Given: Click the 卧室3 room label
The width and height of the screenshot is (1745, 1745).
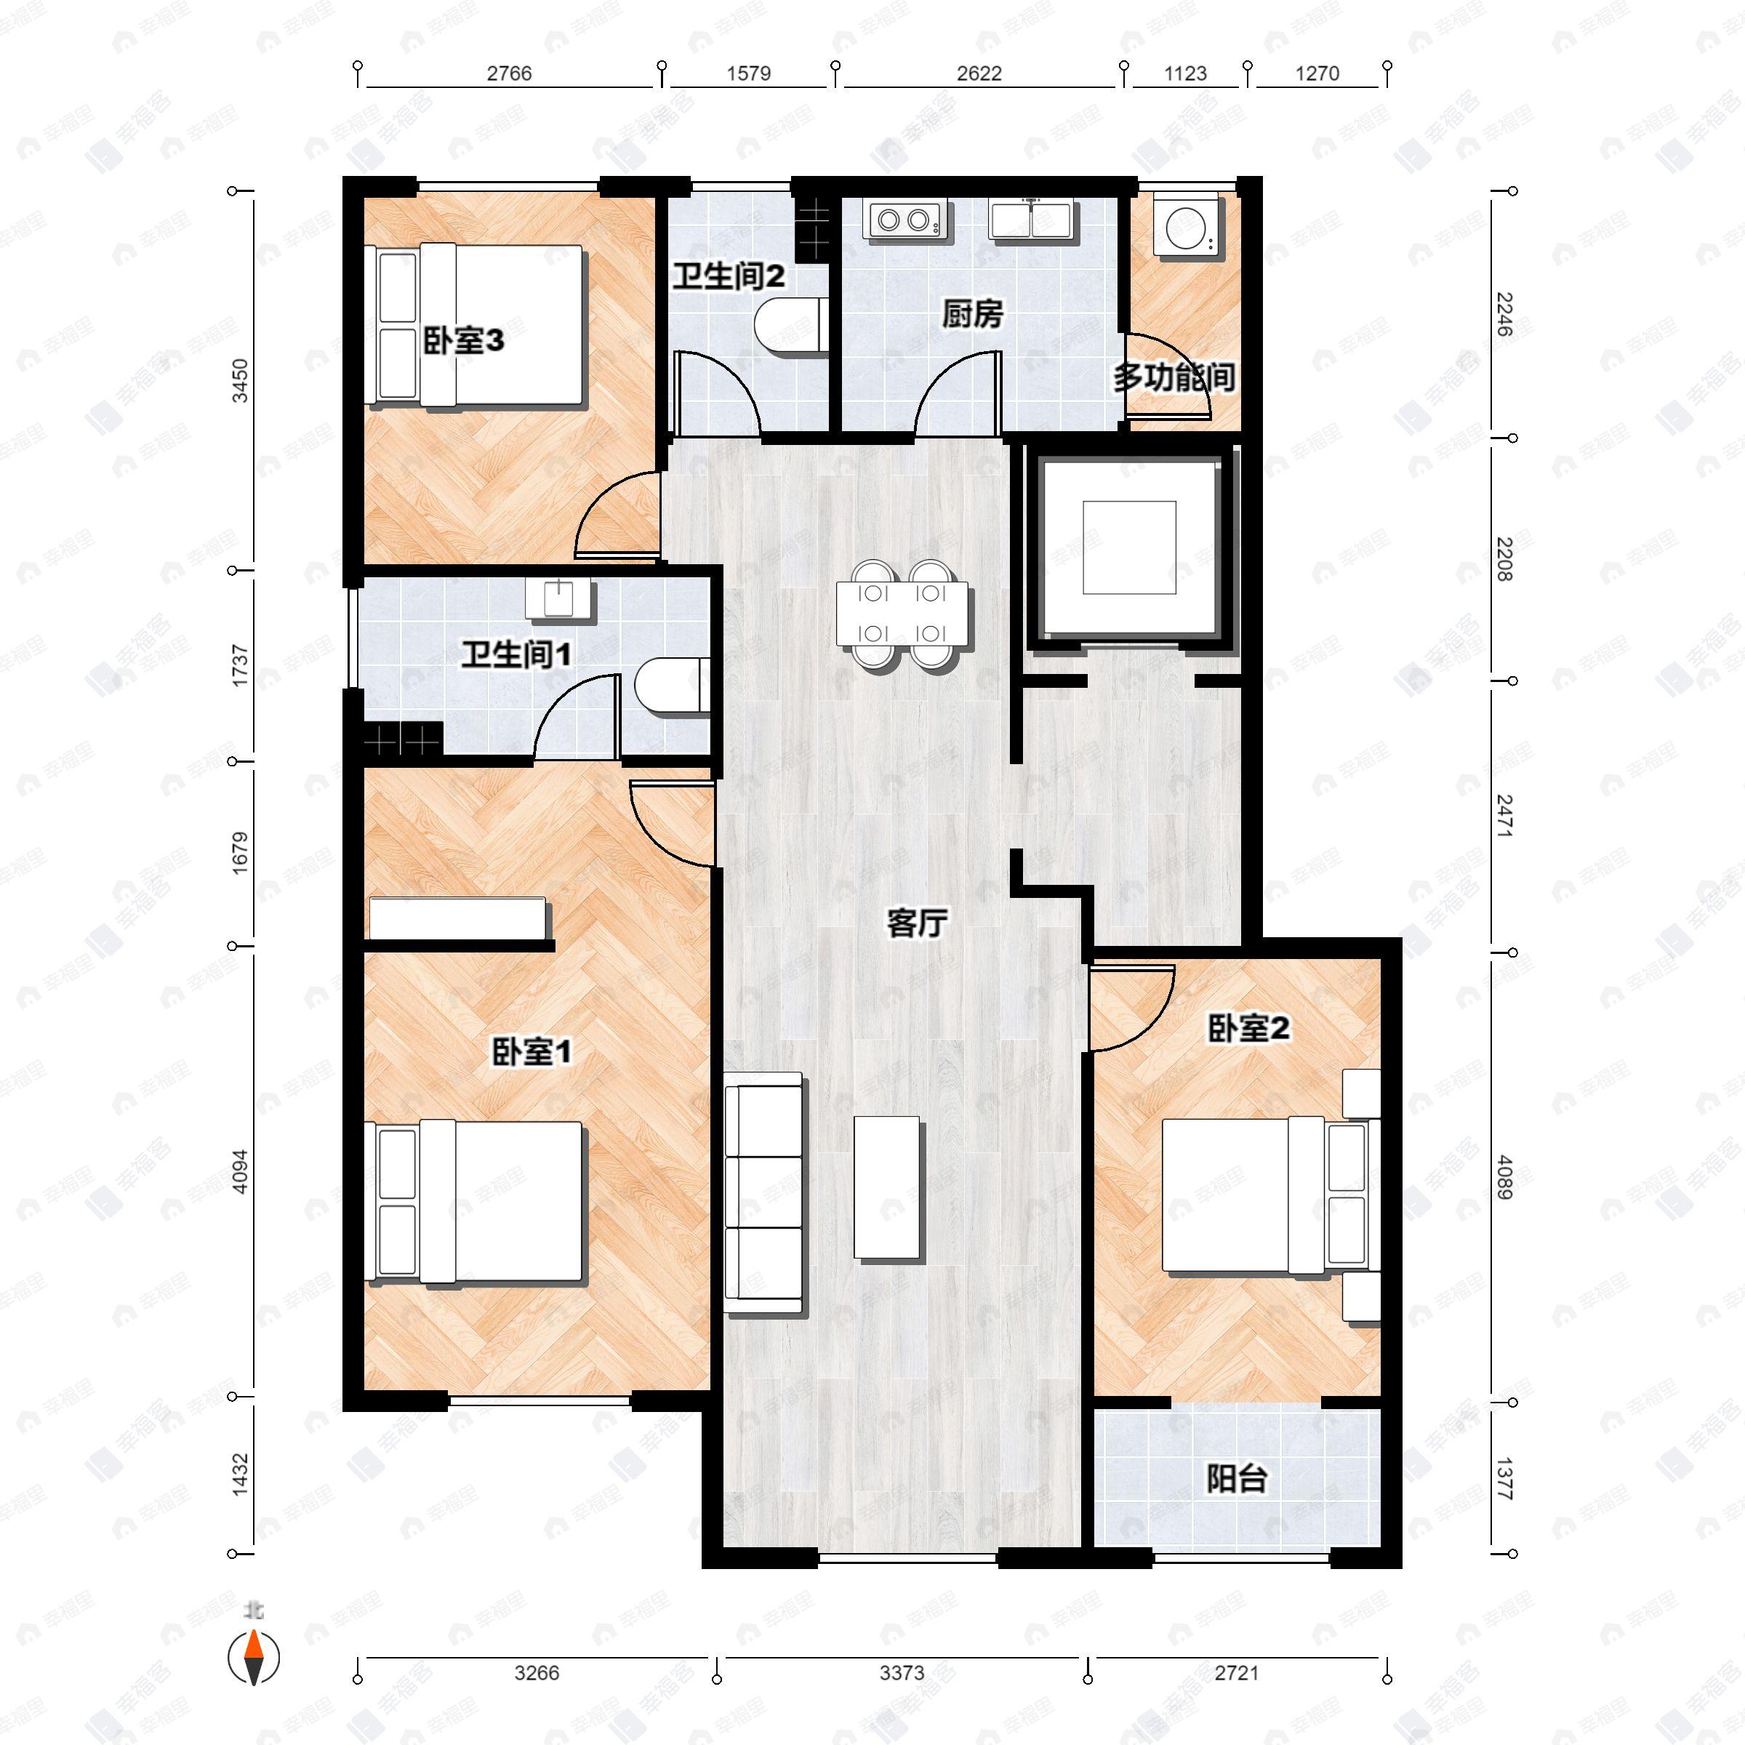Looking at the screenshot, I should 463,342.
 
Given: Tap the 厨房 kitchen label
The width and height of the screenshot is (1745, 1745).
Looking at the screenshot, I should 972,316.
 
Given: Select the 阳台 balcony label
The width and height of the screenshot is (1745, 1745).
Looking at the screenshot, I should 1237,1479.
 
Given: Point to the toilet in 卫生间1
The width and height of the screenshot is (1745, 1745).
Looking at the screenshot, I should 670,687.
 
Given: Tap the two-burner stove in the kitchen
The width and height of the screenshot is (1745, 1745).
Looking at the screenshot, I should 905,220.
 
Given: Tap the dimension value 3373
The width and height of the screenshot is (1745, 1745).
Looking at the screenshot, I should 902,1673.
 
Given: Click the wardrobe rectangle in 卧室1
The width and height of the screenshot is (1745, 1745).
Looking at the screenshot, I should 458,918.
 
